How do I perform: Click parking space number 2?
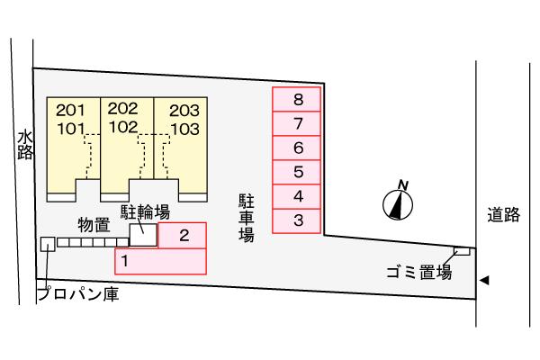183,236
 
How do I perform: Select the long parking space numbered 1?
160,261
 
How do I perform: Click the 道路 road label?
503,215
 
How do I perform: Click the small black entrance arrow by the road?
484,281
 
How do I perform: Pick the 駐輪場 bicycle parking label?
146,212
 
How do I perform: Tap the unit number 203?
184,110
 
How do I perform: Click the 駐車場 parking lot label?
246,216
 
